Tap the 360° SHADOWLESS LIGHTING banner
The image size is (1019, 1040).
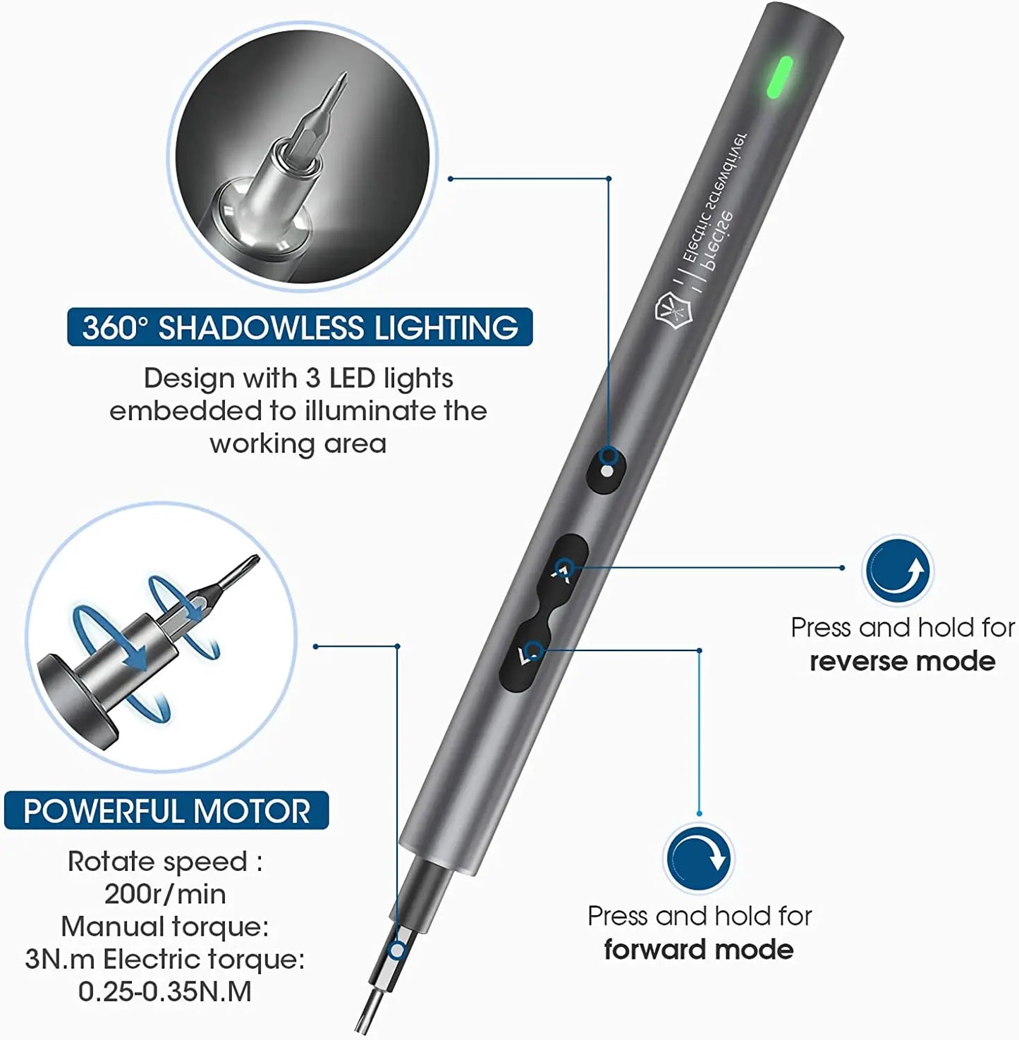pyautogui.click(x=300, y=328)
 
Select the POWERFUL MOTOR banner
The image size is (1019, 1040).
pyautogui.click(x=166, y=811)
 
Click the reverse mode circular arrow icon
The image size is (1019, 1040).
pyautogui.click(x=897, y=570)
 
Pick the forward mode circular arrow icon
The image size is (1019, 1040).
pyautogui.click(x=698, y=858)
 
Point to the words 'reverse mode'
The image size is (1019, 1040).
pyautogui.click(x=902, y=662)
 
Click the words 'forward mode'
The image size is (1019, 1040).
pyautogui.click(x=698, y=950)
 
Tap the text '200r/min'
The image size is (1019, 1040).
pyautogui.click(x=165, y=894)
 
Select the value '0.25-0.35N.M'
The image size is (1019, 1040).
pyautogui.click(x=165, y=991)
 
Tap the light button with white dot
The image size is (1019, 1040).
pyautogui.click(x=607, y=469)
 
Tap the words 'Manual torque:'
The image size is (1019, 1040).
pyautogui.click(x=165, y=927)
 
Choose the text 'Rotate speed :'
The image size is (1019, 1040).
pyautogui.click(x=165, y=862)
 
